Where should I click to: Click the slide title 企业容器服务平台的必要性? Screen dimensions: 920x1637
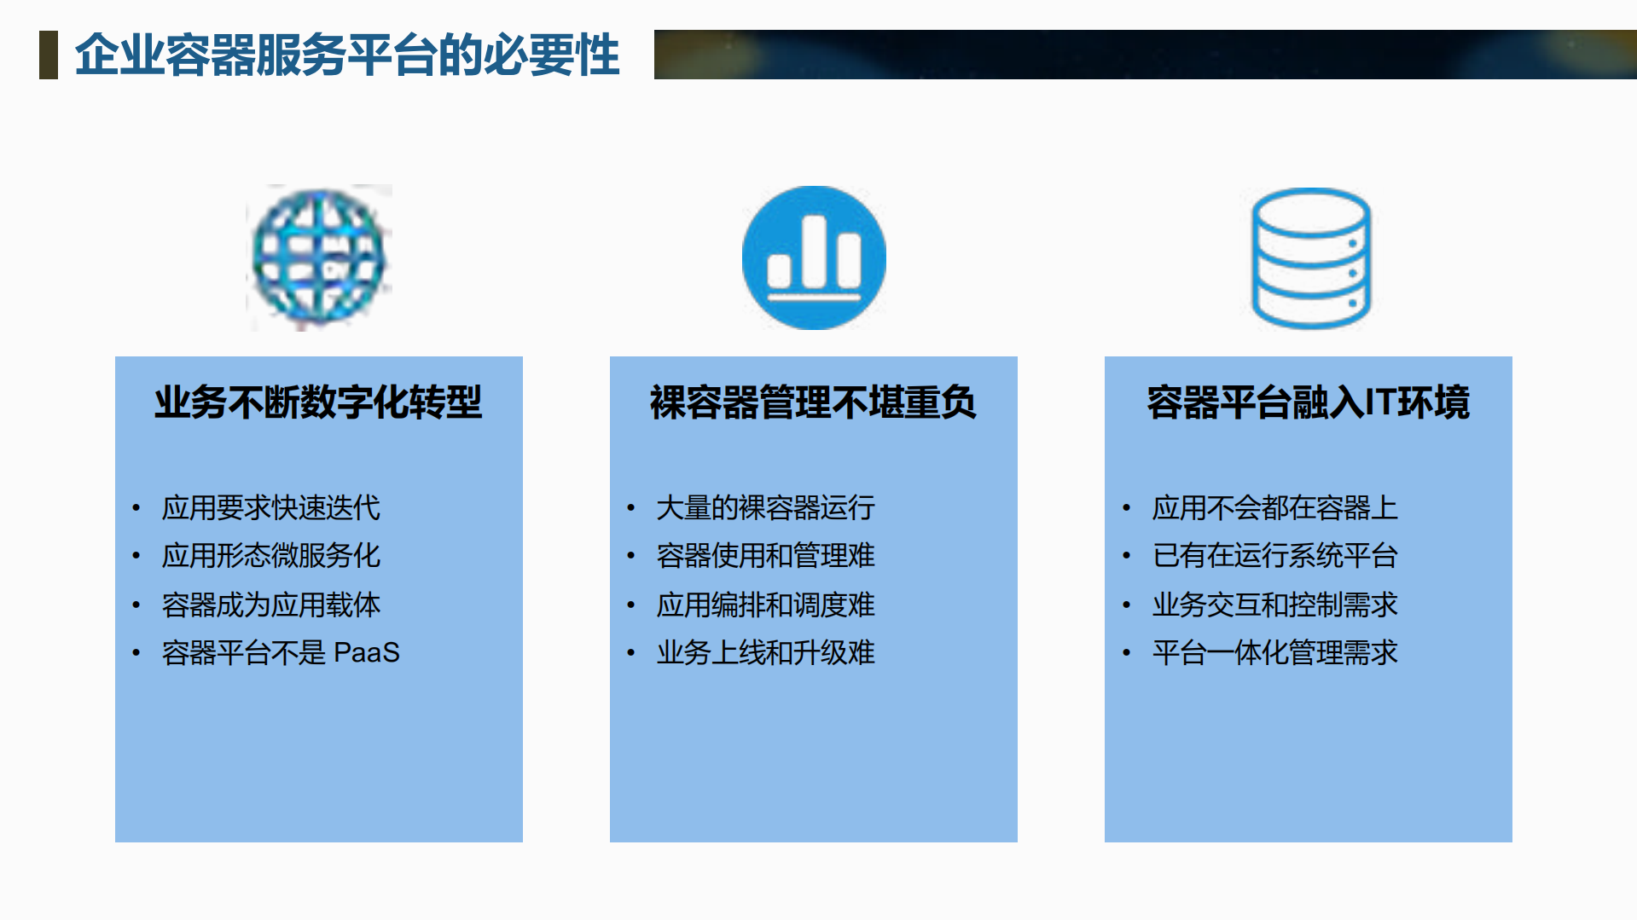click(346, 55)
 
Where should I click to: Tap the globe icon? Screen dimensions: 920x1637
click(319, 257)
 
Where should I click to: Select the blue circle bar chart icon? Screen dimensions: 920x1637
click(814, 257)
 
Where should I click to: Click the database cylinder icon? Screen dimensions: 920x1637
click(1310, 257)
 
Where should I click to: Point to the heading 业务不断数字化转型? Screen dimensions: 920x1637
click(318, 402)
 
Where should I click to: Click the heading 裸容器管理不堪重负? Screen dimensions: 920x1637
click(813, 402)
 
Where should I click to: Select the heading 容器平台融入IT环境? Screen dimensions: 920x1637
click(1308, 402)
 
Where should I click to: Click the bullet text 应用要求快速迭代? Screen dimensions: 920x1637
click(270, 508)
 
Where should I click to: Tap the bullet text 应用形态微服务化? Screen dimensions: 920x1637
click(270, 556)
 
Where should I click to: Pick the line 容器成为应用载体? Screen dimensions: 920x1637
click(270, 605)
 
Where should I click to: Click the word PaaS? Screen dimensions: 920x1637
click(366, 653)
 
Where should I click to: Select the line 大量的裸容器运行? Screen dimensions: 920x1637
click(765, 508)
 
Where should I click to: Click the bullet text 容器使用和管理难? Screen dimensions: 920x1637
click(765, 556)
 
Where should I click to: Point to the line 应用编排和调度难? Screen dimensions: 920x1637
click(765, 605)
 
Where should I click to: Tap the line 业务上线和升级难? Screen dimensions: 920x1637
click(765, 653)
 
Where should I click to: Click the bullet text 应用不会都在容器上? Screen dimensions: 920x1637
click(1274, 508)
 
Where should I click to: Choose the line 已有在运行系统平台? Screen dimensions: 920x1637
click(1274, 556)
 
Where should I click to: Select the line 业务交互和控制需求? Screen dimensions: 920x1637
click(1274, 605)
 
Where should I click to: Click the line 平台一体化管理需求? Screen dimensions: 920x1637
click(1274, 653)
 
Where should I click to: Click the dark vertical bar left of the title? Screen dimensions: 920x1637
click(49, 55)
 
